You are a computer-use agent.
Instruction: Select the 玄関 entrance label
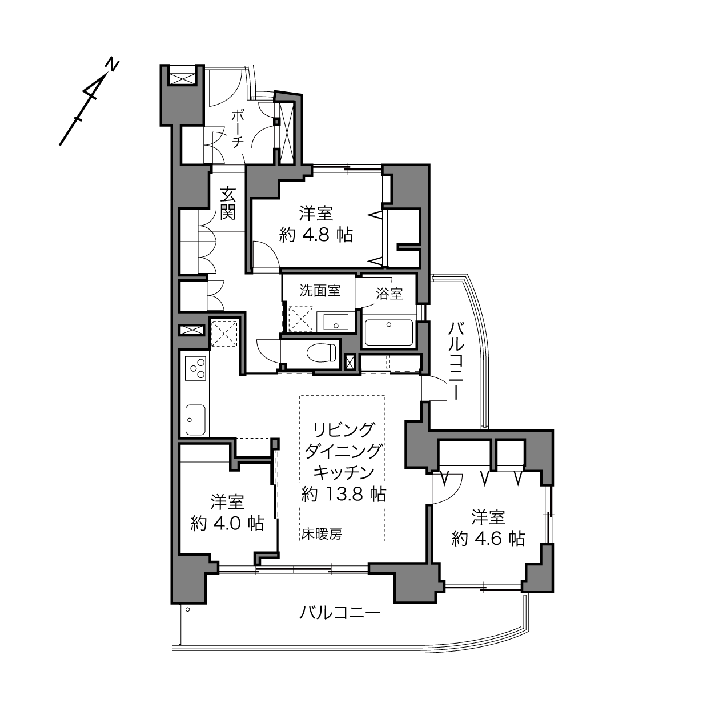228,204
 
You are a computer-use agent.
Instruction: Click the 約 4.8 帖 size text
316,235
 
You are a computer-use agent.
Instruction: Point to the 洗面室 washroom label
320,291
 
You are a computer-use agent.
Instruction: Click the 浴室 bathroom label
389,294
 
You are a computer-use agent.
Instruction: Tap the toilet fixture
322,352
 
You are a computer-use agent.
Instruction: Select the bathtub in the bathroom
388,332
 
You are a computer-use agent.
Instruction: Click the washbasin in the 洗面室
336,322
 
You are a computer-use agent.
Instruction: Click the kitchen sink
195,419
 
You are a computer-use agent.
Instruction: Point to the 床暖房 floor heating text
322,534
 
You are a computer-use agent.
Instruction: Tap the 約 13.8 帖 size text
344,494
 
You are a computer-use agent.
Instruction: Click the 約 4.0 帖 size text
227,523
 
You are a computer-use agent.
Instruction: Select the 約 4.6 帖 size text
488,538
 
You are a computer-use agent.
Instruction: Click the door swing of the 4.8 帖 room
266,254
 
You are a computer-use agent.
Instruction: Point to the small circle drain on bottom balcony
188,609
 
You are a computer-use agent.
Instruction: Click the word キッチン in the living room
344,473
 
